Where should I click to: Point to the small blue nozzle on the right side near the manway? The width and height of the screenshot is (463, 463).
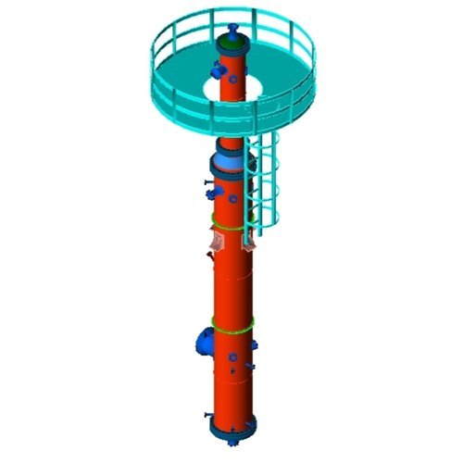pos(252,346)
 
